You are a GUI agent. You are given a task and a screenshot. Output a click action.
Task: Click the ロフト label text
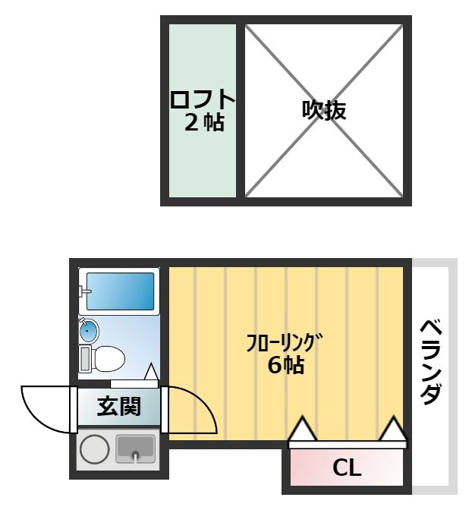tap(202, 99)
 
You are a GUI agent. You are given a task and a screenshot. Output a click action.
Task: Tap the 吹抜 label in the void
tap(324, 111)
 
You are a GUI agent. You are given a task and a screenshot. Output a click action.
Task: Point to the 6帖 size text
tap(285, 365)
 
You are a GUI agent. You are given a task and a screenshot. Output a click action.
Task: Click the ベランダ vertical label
tap(431, 362)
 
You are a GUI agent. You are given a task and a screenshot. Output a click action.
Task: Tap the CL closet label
tap(347, 468)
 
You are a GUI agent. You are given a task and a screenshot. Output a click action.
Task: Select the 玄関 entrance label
tap(119, 407)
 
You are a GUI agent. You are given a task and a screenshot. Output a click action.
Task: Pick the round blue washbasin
tap(89, 330)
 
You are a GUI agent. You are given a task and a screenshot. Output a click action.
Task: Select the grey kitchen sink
tap(135, 449)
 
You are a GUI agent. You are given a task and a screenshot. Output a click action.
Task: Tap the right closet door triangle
tap(394, 430)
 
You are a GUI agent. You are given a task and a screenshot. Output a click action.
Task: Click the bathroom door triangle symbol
tap(151, 372)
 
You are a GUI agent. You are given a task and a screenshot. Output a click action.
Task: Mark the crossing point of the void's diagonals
tap(324, 111)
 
